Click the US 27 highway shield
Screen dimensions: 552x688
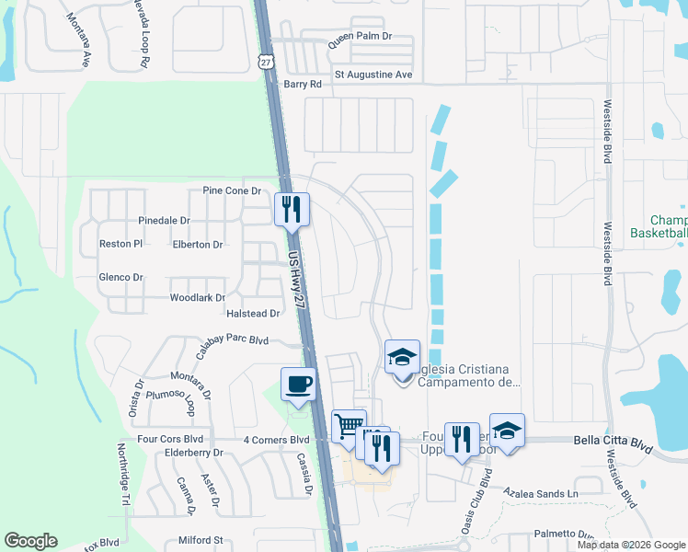point(265,60)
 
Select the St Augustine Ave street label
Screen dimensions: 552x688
point(373,75)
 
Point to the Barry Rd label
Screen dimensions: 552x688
point(303,84)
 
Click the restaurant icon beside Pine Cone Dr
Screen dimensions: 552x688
point(292,209)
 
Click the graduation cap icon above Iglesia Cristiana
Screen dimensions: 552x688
point(402,357)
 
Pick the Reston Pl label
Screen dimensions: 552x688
point(120,245)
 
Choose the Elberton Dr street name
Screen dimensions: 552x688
point(198,245)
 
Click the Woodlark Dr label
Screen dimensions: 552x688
point(198,298)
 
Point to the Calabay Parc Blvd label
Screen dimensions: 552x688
point(231,340)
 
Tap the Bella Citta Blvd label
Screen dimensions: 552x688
point(613,443)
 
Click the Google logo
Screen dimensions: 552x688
point(31,541)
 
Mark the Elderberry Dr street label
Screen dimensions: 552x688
point(193,453)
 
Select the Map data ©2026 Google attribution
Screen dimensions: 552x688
point(631,545)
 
